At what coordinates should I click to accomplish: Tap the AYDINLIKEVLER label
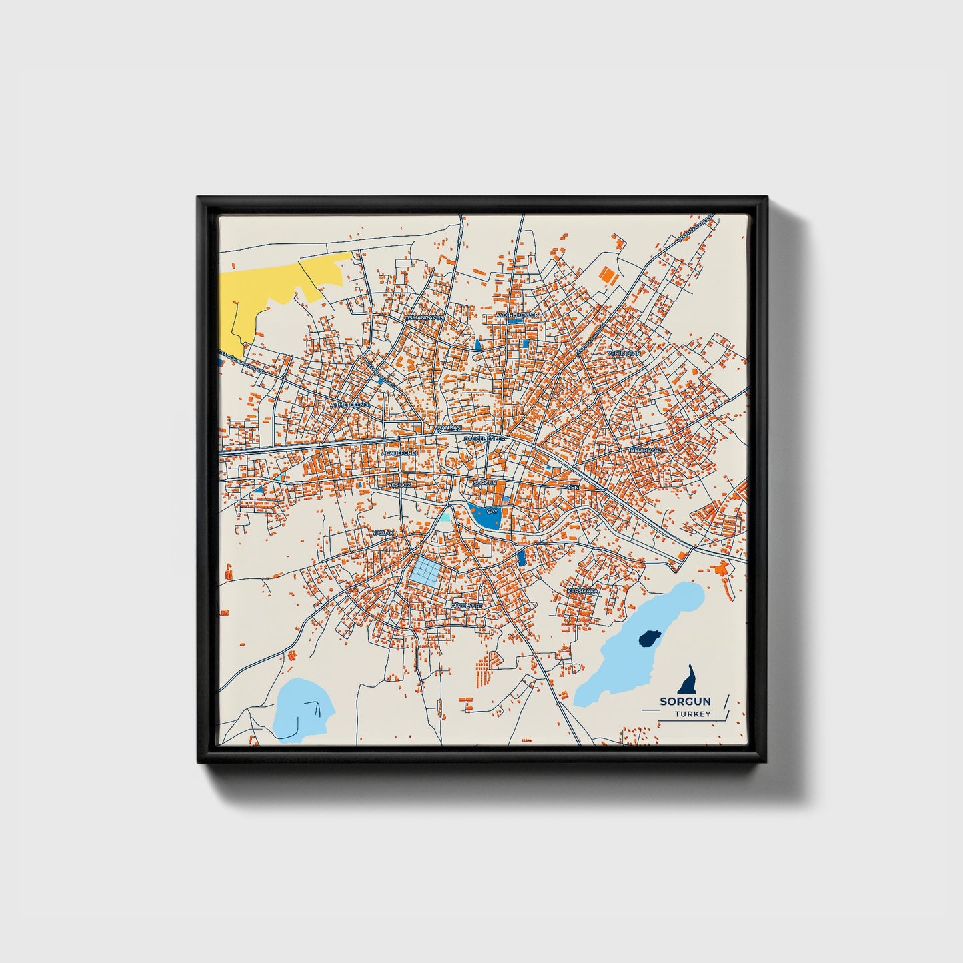(516, 314)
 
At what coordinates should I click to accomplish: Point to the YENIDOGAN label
(624, 352)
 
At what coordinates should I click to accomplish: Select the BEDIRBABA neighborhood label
(646, 451)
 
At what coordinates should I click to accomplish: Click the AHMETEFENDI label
(350, 404)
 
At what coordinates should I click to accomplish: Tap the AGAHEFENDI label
(399, 453)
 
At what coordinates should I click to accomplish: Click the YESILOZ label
(400, 485)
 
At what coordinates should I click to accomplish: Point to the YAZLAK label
(384, 533)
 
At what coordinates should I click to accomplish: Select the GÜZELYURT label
(466, 605)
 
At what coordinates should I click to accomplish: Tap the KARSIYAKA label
(583, 591)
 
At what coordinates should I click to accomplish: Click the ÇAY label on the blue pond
(492, 510)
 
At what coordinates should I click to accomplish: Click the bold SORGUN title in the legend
(685, 702)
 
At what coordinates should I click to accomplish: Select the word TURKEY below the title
(692, 714)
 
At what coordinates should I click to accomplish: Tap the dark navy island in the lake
(648, 638)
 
